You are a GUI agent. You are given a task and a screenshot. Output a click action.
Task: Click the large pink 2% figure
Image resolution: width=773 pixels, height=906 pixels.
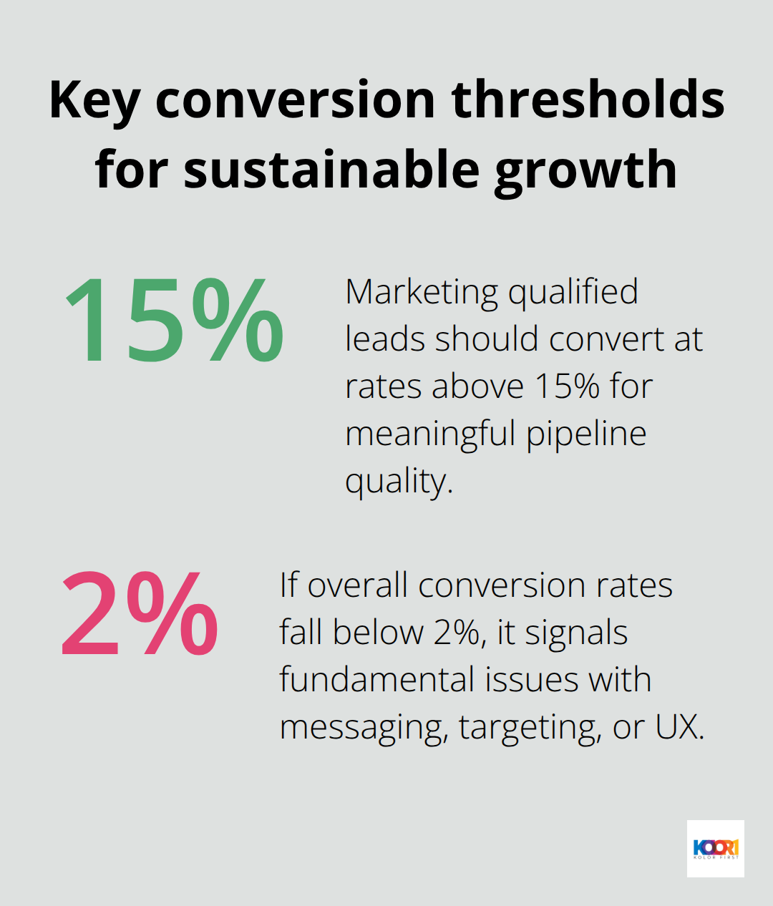140,614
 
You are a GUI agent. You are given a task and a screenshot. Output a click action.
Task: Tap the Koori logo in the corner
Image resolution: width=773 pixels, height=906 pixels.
715,849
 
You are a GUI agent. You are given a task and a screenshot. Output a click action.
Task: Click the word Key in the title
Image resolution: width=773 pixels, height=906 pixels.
94,100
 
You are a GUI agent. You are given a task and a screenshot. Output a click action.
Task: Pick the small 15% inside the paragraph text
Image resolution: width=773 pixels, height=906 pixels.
566,386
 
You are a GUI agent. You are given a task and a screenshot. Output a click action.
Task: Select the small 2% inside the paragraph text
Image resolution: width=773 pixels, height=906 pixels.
456,633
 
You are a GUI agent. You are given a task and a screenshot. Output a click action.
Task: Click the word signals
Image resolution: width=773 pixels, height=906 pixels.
576,633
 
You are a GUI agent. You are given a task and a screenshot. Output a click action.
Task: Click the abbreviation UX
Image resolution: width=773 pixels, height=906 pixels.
679,727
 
